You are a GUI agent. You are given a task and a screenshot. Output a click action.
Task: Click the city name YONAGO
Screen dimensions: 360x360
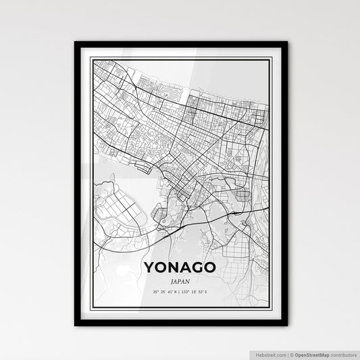(180, 267)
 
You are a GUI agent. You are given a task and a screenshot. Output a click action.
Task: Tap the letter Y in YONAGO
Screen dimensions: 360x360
(149, 267)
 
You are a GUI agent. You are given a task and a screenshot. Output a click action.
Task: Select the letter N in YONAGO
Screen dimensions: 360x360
(174, 267)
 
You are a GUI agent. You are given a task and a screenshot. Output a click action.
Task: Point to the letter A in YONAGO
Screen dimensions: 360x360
(186, 267)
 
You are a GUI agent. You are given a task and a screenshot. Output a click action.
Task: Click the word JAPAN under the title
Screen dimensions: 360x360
(180, 280)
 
